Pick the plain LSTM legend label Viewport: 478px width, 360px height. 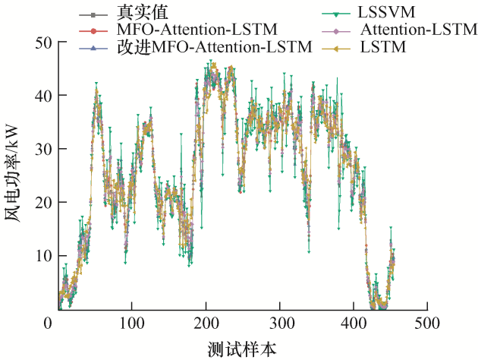(x=383, y=47)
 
